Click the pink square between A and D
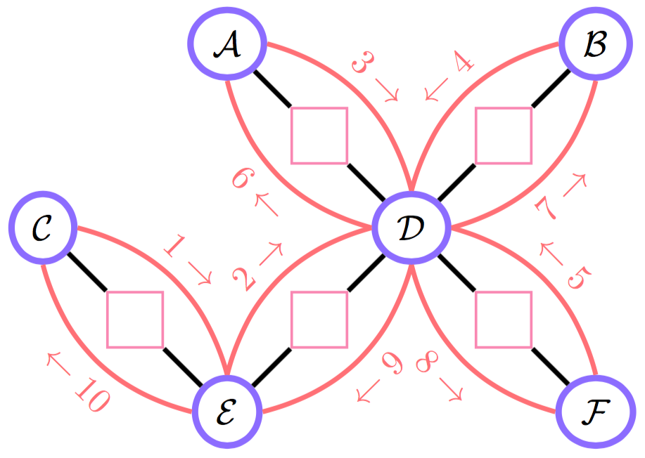(x=319, y=136)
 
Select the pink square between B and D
(x=503, y=136)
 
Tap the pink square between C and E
(x=134, y=320)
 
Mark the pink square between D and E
(x=319, y=320)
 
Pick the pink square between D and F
(x=503, y=320)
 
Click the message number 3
(x=363, y=65)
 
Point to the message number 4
(x=461, y=65)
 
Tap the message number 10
(x=89, y=399)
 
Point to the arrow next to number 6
(x=268, y=204)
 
